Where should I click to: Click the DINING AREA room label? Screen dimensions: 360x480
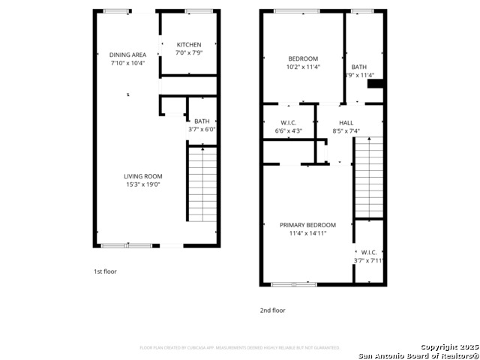click(127, 55)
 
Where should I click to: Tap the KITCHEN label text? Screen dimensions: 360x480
click(188, 45)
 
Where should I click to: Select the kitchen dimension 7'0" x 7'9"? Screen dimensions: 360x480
click(188, 53)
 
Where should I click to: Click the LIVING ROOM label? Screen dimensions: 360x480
click(142, 176)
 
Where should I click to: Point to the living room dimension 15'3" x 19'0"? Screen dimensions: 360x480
click(142, 184)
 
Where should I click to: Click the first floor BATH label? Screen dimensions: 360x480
click(202, 121)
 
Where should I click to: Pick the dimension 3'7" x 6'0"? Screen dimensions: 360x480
click(202, 130)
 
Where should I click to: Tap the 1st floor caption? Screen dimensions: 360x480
click(105, 271)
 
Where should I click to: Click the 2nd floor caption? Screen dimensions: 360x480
click(273, 310)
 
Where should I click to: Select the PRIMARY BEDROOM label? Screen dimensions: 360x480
click(307, 225)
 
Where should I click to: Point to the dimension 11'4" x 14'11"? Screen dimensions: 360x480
click(307, 233)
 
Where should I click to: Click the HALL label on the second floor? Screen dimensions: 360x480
click(346, 123)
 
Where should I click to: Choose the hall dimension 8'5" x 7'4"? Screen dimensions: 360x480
click(346, 131)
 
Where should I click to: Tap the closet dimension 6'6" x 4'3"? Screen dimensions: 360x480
click(289, 131)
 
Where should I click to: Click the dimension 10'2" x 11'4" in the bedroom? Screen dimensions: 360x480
click(303, 67)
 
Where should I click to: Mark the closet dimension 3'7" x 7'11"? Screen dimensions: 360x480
click(368, 261)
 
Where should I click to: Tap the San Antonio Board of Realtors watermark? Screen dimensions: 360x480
click(418, 355)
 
